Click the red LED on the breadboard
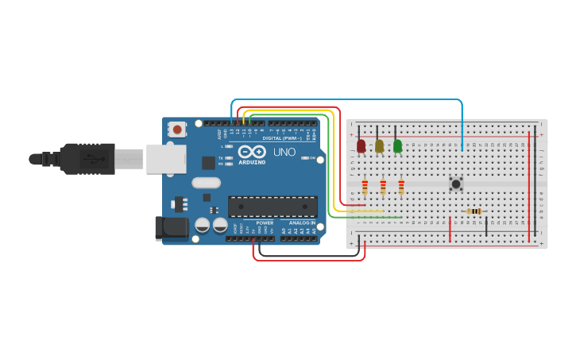[x=361, y=146]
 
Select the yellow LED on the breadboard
[x=380, y=146]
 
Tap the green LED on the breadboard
[x=398, y=146]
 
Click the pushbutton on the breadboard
[x=456, y=184]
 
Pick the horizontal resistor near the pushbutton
[x=475, y=211]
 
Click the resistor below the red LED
[x=365, y=188]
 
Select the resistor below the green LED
[x=401, y=188]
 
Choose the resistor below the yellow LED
[x=383, y=188]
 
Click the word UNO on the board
[x=284, y=152]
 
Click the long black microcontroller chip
[x=273, y=207]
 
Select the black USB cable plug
[x=87, y=158]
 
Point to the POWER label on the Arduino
[x=265, y=223]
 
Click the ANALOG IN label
[x=302, y=223]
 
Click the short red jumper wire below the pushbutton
[x=450, y=227]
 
